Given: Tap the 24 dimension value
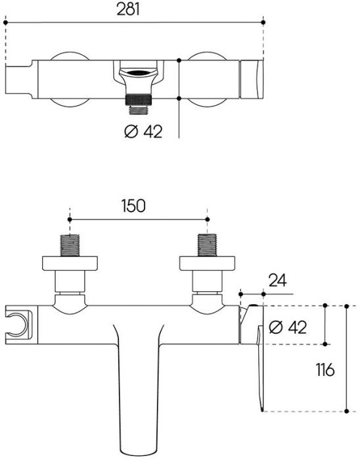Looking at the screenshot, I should click(277, 281).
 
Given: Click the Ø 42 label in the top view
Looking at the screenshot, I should click(143, 131).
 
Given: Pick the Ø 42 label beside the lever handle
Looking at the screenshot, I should click(288, 326).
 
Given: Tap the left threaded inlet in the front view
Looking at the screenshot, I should click(70, 246).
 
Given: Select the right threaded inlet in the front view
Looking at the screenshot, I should click(207, 246).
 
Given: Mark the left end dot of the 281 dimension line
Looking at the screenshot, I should click(5, 22).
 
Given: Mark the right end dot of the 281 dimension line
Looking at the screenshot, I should click(263, 22).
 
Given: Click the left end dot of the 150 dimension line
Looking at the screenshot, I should click(70, 219).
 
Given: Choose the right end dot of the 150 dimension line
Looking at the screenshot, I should click(207, 219).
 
